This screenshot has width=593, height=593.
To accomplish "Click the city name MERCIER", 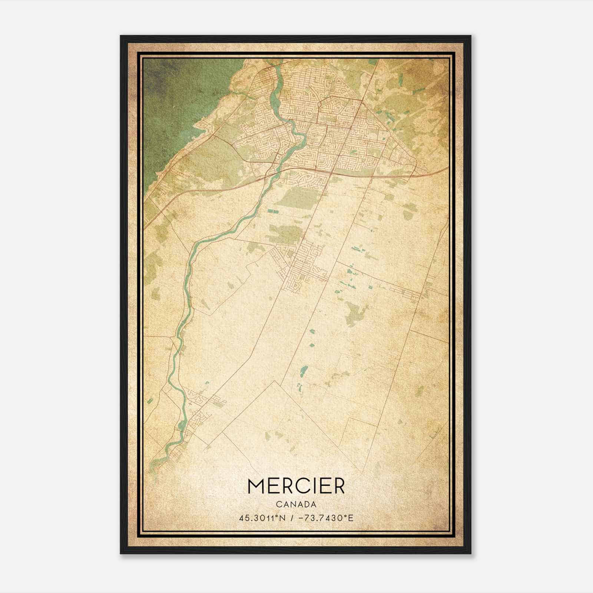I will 296,486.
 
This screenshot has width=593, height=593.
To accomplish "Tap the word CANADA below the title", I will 296,505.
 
